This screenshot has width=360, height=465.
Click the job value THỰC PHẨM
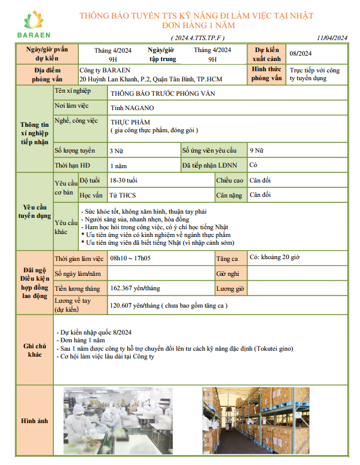pyautogui.click(x=127, y=121)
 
